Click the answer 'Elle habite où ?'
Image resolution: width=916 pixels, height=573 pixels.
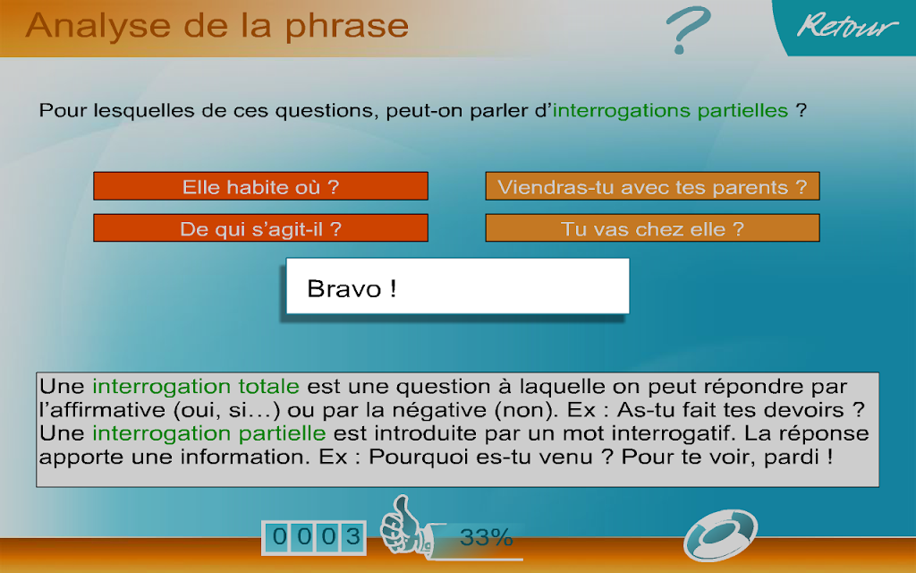[260, 186]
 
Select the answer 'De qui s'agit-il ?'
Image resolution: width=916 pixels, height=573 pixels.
[260, 228]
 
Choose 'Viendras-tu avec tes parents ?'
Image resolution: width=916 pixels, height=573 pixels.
[652, 186]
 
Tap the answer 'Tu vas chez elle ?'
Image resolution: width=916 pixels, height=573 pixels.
[652, 228]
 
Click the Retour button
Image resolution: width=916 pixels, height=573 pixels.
[847, 26]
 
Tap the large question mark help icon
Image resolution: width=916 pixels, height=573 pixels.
[688, 30]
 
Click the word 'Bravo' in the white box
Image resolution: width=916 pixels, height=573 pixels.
[344, 289]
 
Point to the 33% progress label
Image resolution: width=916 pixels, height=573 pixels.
[486, 537]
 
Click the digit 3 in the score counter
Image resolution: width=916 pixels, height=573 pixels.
[352, 537]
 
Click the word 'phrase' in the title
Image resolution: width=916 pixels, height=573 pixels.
[347, 27]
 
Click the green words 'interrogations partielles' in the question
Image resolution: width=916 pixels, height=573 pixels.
[670, 110]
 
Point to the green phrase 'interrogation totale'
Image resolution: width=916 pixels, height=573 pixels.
[196, 387]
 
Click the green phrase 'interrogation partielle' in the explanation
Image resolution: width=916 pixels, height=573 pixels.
[209, 433]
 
